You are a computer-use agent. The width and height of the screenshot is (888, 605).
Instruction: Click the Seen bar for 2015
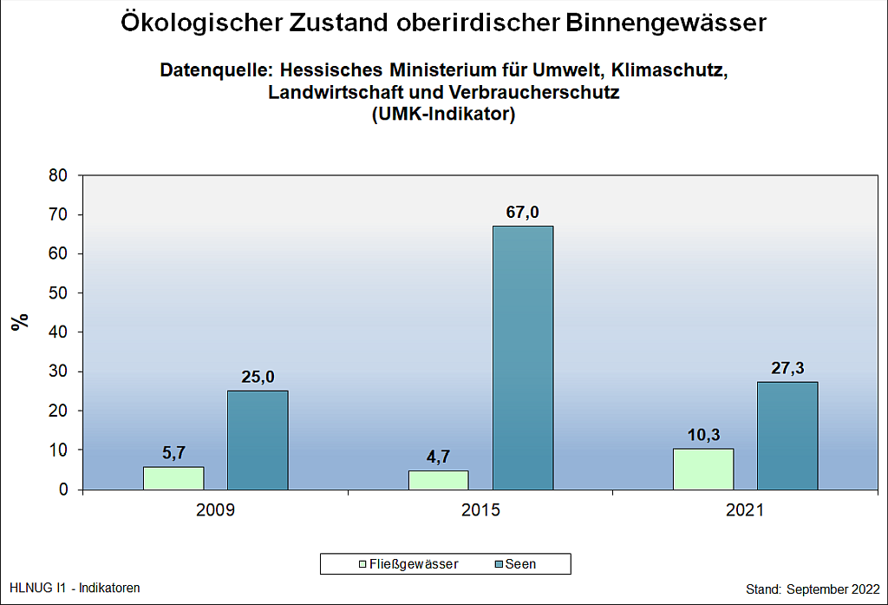coord(523,358)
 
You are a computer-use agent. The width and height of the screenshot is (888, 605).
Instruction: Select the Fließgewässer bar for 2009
coord(173,478)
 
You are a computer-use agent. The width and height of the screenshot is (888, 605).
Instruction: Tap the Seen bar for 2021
coord(787,436)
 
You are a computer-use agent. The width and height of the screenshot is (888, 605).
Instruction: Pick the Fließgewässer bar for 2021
coord(703,469)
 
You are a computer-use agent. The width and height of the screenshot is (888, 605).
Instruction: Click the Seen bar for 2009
coord(258,440)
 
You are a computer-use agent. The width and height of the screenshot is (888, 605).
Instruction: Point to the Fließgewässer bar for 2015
coord(438,480)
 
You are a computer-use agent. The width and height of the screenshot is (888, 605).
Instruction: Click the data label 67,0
coord(523,213)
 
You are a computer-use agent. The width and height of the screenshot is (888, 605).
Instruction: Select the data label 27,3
coord(787,368)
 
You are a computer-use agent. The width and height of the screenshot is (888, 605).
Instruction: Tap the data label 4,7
coord(438,457)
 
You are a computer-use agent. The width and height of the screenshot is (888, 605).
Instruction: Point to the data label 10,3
coord(703,435)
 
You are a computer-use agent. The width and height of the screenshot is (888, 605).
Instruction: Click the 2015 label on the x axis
coord(480,510)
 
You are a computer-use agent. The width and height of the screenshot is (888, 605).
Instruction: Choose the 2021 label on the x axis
coord(745,510)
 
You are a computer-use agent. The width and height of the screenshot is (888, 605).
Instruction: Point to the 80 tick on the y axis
coord(59,175)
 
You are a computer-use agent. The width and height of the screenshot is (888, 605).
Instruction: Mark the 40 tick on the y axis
coord(59,332)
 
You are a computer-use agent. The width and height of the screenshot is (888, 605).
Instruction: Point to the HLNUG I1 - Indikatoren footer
coord(74,588)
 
